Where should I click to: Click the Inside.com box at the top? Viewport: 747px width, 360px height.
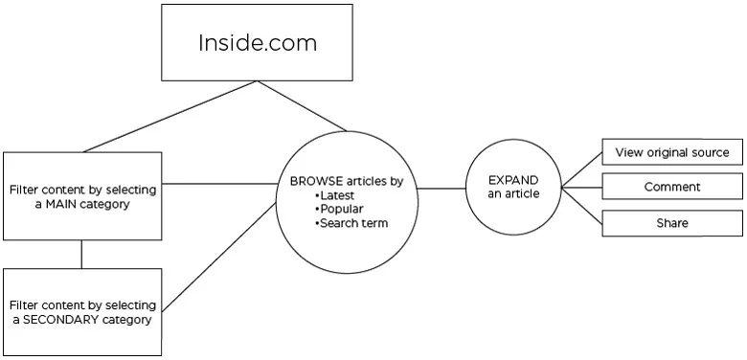pos(257,44)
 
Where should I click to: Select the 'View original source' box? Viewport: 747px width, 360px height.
pos(672,152)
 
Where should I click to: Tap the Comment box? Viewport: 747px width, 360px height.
pos(672,188)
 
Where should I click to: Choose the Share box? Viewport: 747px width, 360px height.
pos(672,223)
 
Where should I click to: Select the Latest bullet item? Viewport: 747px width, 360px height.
pos(338,194)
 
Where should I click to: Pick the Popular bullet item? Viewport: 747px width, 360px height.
pos(342,209)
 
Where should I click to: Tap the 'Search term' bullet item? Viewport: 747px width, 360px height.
pos(354,223)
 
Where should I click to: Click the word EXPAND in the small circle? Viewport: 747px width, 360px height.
pos(513,180)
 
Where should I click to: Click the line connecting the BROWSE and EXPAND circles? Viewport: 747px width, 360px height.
pos(441,188)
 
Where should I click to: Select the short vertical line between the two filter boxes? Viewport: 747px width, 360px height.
pos(81,254)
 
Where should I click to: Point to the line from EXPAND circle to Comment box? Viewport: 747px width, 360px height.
pos(581,188)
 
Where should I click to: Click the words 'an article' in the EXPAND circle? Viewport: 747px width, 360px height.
pos(513,194)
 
